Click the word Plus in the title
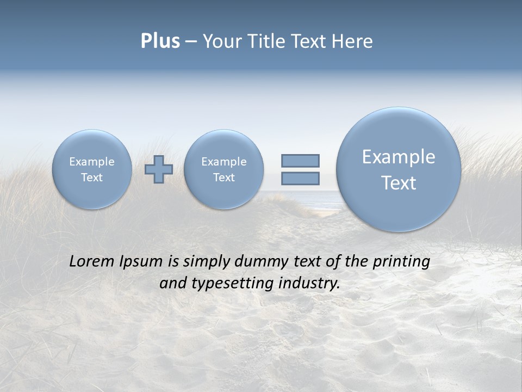(160, 41)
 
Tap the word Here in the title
(352, 41)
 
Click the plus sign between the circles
(159, 169)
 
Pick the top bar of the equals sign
(300, 161)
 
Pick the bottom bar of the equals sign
(300, 178)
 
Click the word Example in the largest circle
(399, 157)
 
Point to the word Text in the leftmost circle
(92, 177)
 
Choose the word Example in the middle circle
(223, 162)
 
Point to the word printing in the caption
(401, 262)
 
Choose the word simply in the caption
(206, 262)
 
